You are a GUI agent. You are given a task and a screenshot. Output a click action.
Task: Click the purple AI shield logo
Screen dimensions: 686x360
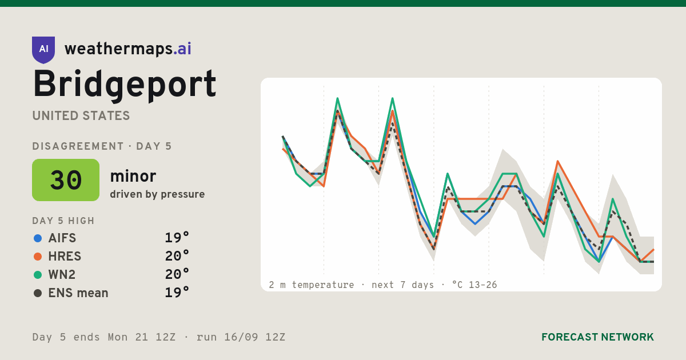[x=43, y=50]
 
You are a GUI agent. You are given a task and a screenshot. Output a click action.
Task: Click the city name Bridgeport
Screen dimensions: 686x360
[x=125, y=85]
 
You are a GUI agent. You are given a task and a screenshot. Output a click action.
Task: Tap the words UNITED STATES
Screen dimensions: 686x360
[x=81, y=115]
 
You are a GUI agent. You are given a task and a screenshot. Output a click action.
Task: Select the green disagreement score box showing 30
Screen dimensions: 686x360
[x=66, y=180]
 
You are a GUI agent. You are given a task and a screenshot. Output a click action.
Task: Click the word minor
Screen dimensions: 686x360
[x=133, y=176]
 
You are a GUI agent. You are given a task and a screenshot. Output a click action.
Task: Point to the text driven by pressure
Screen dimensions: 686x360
[x=157, y=194]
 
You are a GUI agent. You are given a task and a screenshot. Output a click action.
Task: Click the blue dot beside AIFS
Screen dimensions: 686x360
[x=38, y=238]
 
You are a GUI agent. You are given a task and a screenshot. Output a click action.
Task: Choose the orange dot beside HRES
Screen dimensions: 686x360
[x=38, y=257]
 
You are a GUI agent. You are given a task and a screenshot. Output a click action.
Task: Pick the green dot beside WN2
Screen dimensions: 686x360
[x=38, y=275]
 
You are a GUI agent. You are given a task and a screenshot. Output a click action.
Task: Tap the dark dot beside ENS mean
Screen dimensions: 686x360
[x=38, y=293]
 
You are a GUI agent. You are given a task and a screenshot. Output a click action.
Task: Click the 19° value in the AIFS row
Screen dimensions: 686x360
[x=177, y=238]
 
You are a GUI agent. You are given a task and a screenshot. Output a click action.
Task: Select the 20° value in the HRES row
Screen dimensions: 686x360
[x=177, y=256]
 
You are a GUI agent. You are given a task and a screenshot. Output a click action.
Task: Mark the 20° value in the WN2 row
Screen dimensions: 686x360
[x=177, y=274]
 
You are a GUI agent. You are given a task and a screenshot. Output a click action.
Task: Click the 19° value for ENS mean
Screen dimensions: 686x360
[x=177, y=293]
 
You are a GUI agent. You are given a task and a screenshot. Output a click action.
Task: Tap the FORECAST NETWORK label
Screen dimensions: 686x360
[x=597, y=337]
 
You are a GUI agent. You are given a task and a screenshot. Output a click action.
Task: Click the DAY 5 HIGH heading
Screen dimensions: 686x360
[x=63, y=221]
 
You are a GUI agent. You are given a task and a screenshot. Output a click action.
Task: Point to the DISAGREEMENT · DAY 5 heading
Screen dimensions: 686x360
[x=102, y=146]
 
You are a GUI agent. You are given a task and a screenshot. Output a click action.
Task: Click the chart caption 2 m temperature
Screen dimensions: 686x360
[x=312, y=285]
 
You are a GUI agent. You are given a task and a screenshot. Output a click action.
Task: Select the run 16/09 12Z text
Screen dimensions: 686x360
[x=241, y=337]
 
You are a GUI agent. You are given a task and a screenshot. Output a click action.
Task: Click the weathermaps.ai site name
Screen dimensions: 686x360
[x=128, y=49]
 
